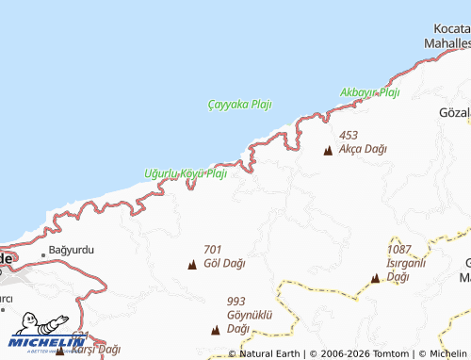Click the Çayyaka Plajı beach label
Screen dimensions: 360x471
pos(239,105)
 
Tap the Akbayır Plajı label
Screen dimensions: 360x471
pos(370,92)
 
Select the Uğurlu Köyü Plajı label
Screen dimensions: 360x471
pos(186,173)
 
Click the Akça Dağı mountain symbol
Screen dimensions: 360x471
pos(328,150)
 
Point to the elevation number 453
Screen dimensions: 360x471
pos(348,136)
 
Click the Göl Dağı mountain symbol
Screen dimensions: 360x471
pos(192,264)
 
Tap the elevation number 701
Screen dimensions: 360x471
pos(212,250)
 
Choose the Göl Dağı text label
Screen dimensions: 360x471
pos(224,263)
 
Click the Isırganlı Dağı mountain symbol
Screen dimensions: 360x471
pos(375,278)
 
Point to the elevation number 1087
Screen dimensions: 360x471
pos(400,249)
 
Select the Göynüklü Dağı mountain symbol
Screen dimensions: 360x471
pos(216,330)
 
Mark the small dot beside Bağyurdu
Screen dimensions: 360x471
pos(42,254)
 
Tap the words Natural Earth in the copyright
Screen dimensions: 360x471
pos(269,353)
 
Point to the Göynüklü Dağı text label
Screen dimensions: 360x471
pos(249,321)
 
